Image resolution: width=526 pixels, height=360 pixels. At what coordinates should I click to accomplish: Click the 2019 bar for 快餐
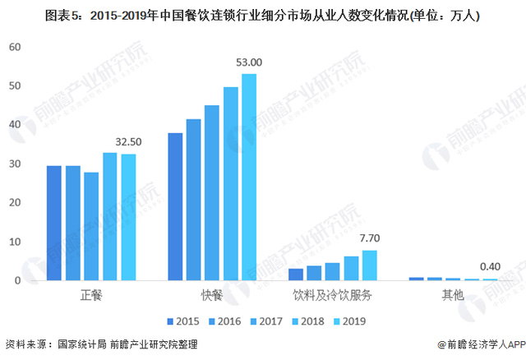click(249, 178)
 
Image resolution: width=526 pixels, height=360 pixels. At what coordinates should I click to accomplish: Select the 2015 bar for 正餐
click(53, 223)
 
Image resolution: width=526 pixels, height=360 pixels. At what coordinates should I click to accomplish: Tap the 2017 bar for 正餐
click(91, 226)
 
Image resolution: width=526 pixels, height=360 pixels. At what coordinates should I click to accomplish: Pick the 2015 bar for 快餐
click(174, 206)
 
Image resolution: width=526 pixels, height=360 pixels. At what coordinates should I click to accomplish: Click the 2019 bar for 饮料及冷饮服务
click(370, 265)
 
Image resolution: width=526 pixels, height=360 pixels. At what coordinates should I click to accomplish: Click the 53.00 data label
click(250, 62)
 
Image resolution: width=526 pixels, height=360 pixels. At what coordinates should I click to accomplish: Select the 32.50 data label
click(129, 142)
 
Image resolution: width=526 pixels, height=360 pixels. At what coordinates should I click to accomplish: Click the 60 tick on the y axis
click(14, 48)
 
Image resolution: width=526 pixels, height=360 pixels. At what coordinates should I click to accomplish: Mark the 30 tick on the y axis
click(14, 164)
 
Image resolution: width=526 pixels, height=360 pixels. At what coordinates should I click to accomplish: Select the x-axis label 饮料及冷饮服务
click(332, 294)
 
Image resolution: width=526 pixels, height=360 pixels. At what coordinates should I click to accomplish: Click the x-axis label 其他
click(453, 294)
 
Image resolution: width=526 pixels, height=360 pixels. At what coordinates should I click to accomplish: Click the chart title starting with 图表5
click(263, 15)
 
